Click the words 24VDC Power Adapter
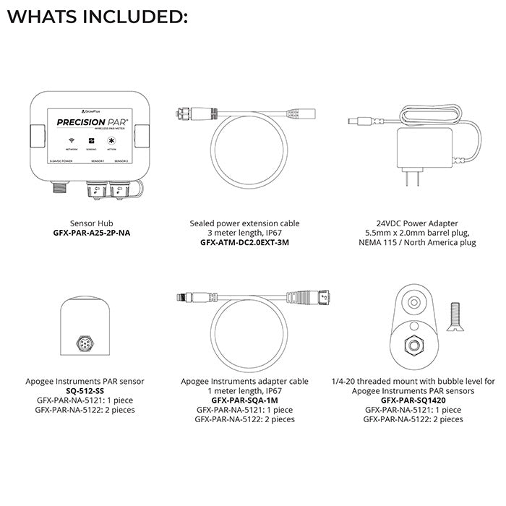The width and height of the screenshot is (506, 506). (x=409, y=224)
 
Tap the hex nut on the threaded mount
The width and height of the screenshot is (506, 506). (x=415, y=343)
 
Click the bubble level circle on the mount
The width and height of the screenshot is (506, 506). (x=414, y=301)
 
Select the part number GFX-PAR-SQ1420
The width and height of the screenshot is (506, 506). (x=413, y=400)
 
